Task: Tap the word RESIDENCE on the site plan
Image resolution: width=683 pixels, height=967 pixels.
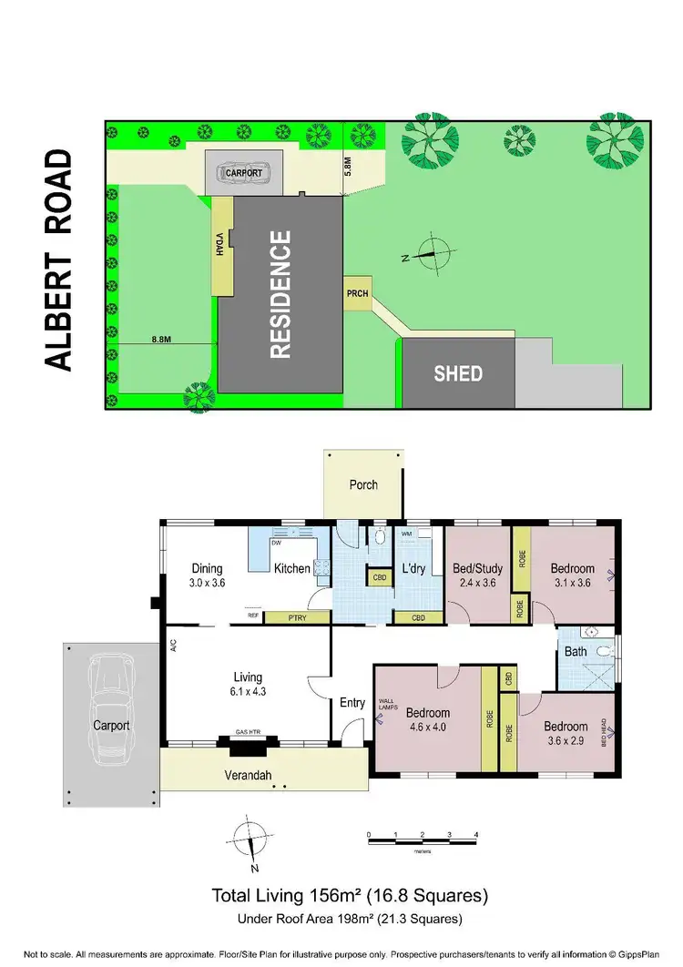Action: pos(280,293)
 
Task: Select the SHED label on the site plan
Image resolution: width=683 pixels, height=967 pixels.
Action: pos(458,373)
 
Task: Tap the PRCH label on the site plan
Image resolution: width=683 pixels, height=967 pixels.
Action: pos(356,293)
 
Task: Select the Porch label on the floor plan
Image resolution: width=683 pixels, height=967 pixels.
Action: pos(363,484)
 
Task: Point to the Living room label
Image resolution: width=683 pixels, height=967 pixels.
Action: pos(247,677)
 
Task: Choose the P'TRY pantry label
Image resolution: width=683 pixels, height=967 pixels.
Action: pos(283,617)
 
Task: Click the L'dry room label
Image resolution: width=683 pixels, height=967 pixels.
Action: pos(414,569)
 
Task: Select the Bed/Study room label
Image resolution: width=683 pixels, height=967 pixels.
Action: pos(477,569)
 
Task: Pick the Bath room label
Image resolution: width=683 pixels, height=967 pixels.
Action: pos(576,652)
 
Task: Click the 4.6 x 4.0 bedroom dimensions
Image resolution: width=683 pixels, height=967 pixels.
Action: pos(426,727)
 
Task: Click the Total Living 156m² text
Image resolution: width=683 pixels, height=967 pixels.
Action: pos(351,894)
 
